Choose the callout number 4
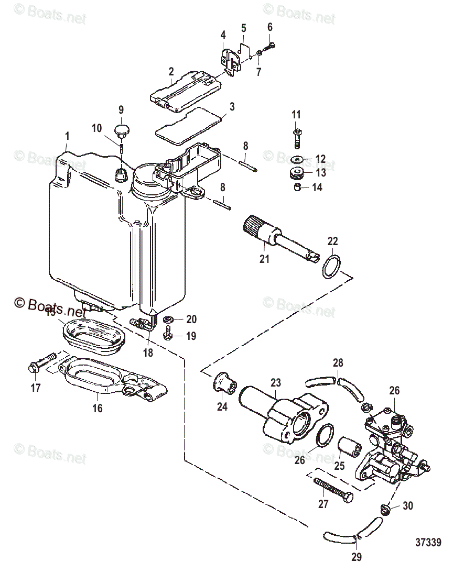(223, 36)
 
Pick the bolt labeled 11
(296, 137)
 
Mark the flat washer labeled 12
(297, 159)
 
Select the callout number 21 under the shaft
(264, 258)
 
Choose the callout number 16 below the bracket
(98, 409)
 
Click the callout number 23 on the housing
(276, 383)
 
